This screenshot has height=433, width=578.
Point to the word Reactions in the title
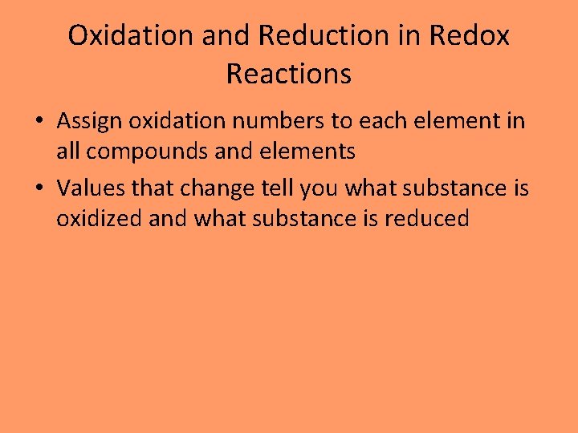pos(289,74)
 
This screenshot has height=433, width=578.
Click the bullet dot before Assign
pos(39,123)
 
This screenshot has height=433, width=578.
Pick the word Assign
pos(89,123)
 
